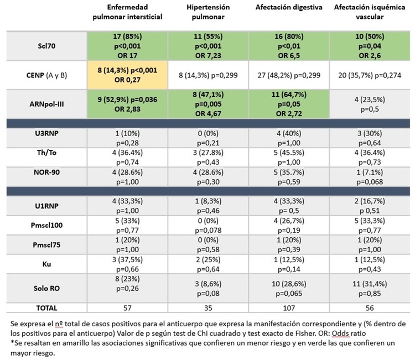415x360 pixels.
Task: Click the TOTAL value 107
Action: (288, 307)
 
